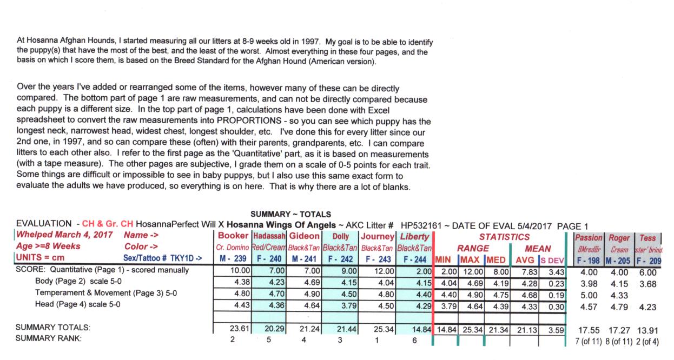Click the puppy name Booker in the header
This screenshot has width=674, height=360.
point(233,236)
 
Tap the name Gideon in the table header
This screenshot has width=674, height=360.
point(304,236)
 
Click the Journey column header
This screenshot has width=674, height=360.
point(378,236)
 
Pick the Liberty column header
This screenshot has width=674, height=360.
point(414,236)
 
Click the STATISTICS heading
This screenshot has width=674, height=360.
point(504,237)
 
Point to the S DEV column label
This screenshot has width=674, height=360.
point(552,259)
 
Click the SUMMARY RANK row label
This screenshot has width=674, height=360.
point(49,338)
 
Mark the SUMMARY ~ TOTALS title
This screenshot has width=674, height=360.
point(291,215)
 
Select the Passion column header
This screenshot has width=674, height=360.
point(588,238)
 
